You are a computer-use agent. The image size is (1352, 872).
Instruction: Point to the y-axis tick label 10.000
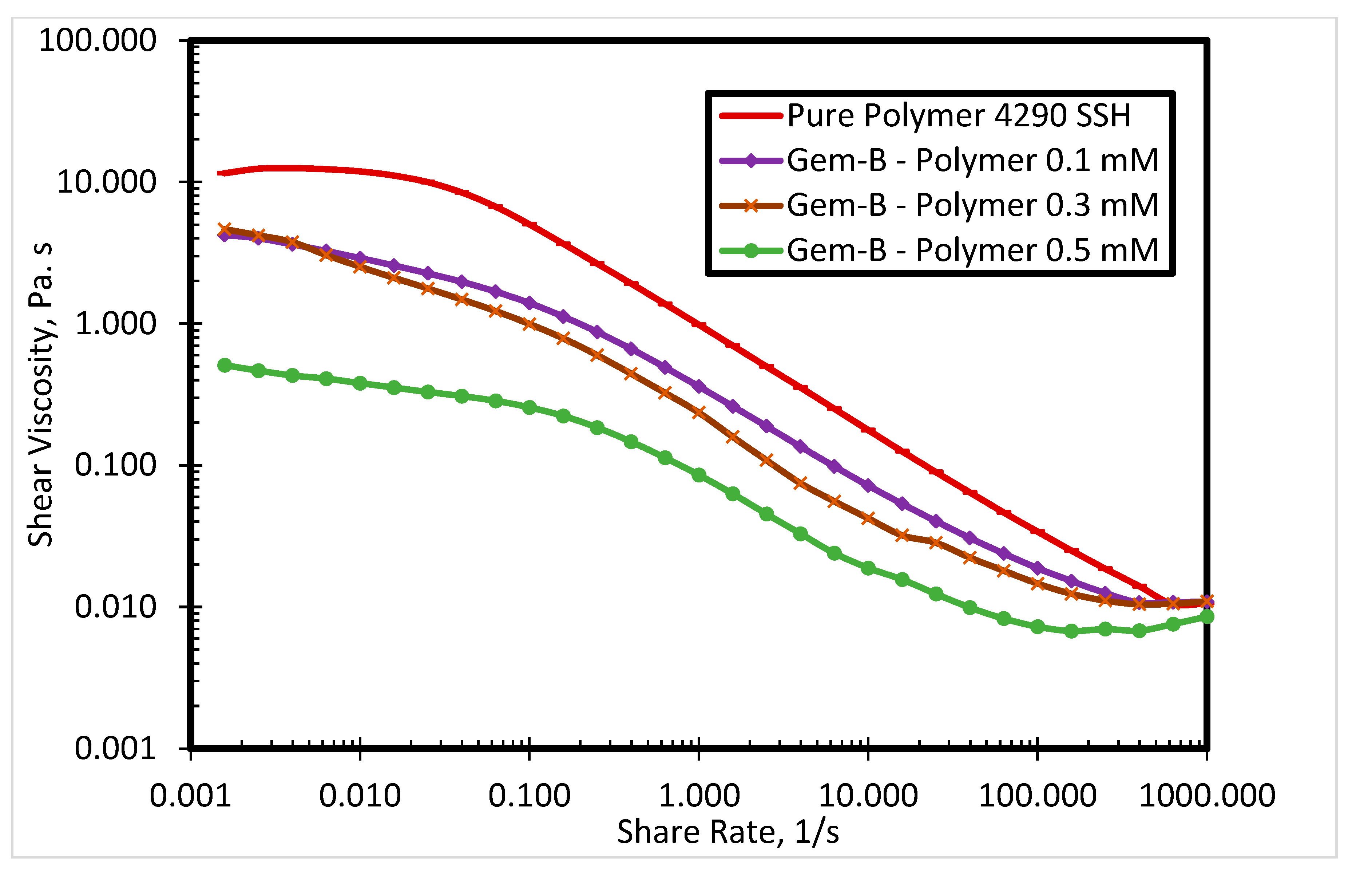point(106,182)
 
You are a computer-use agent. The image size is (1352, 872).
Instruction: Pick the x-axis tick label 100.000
point(1037,796)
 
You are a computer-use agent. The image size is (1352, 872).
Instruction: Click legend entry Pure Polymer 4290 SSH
point(958,115)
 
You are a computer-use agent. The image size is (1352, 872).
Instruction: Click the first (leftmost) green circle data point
point(225,365)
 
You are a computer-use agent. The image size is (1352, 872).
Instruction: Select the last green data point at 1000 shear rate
point(1206,616)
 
